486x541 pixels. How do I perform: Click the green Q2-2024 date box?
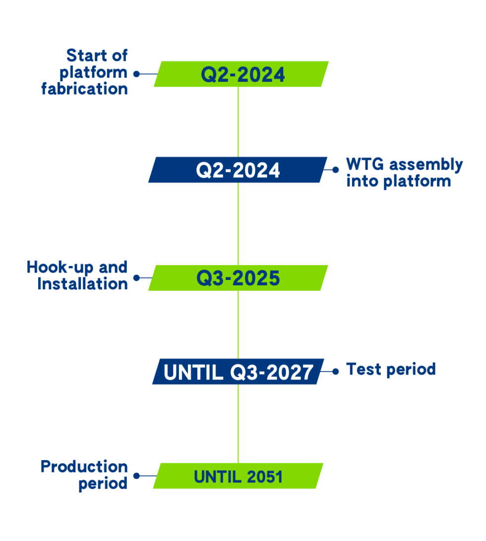pos(242,74)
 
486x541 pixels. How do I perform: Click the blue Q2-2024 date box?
pos(238,170)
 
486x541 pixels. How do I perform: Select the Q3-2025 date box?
pos(238,278)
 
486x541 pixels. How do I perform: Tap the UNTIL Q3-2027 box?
pos(238,372)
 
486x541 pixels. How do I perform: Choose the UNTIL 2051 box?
pos(238,476)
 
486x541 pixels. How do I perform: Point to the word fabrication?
pos(84,89)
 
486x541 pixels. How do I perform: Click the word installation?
pos(83,284)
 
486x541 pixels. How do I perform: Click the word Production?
pos(84,467)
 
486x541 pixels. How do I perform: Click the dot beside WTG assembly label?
pos(336,169)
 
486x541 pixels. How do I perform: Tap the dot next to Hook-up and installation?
pos(136,278)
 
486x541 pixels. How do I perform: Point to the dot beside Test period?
pos(336,371)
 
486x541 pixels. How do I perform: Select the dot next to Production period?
pos(136,476)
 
